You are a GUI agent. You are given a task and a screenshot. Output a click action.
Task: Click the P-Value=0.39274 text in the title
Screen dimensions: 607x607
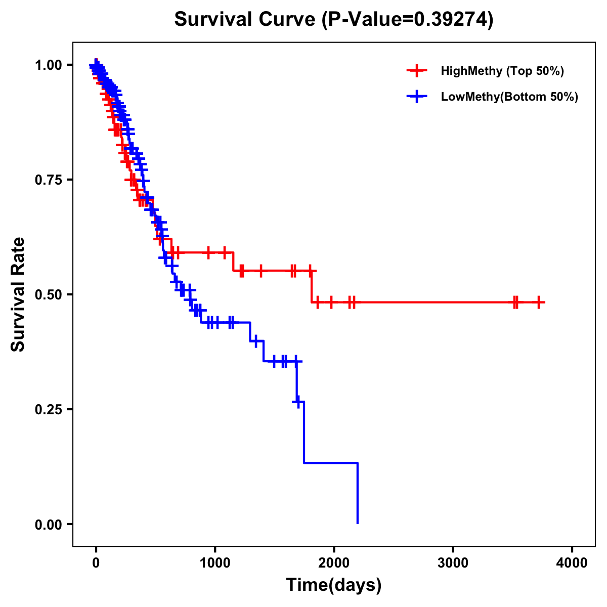pos(408,20)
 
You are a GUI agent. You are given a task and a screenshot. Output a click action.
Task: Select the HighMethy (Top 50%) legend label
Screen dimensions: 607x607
pos(502,71)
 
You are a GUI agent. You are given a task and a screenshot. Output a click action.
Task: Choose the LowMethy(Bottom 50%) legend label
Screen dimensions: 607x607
pos(509,97)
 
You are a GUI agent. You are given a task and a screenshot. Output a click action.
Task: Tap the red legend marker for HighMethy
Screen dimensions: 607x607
pos(416,71)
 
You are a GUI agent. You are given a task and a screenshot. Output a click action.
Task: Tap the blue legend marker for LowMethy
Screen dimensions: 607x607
pos(416,97)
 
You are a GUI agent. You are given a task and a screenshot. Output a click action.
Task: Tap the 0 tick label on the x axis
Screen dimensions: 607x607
pos(96,563)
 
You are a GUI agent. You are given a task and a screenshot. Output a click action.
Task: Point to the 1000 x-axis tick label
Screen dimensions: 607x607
pos(215,563)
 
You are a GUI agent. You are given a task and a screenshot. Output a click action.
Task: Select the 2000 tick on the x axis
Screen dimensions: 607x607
pos(334,563)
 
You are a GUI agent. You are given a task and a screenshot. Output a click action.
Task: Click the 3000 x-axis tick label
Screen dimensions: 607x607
pos(453,563)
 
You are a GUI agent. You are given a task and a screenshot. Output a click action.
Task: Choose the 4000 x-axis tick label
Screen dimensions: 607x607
pos(572,563)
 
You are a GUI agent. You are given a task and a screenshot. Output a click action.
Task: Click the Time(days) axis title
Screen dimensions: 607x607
pos(334,585)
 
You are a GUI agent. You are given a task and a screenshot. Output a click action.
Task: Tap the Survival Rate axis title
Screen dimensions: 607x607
pos(18,294)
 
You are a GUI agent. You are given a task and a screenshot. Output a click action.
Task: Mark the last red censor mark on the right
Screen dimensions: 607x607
pos(539,302)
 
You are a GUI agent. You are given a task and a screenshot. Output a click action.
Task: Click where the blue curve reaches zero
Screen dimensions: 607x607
pos(358,523)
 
